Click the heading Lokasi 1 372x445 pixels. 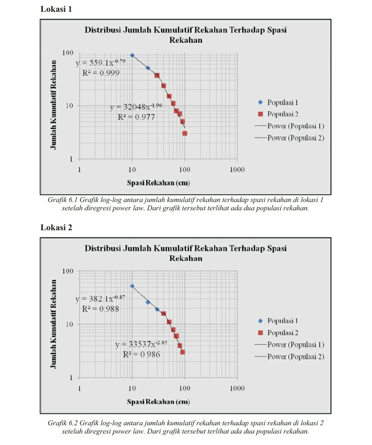pos(56,9)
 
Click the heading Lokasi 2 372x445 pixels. pos(56,228)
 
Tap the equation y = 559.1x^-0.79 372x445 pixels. pos(100,63)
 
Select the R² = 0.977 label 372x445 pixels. pos(136,117)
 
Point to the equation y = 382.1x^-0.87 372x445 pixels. pos(100,299)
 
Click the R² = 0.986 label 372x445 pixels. pos(141,354)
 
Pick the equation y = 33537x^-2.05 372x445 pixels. pos(141,344)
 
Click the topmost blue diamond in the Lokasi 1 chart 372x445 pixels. pos(132,55)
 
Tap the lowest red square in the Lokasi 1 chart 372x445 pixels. pos(185,133)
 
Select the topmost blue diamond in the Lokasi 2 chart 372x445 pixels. pos(132,286)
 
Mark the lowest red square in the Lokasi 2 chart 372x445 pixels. pos(182,352)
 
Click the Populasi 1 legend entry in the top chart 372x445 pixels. pos(282,102)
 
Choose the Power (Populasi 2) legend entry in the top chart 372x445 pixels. pos(295,138)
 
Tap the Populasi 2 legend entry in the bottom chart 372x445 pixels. pos(282,333)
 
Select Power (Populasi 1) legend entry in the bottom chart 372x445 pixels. pos(295,344)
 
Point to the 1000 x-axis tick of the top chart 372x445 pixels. pos(237,169)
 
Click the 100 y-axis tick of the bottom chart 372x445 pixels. pos(68,271)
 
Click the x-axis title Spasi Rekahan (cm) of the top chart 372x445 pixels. pos(158,183)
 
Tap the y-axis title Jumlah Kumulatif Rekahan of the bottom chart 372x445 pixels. pos(53,324)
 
